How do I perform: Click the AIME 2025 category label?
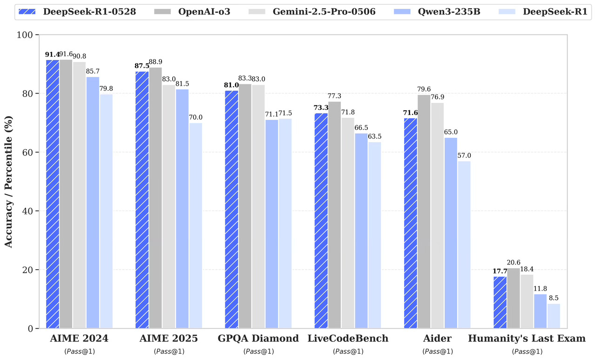tap(168, 339)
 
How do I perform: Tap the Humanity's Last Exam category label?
tap(527, 339)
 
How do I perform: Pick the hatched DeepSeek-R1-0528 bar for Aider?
tap(410, 223)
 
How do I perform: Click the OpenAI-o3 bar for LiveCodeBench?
tap(334, 215)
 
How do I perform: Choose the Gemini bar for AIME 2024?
tap(79, 195)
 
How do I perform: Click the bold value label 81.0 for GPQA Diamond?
tap(231, 85)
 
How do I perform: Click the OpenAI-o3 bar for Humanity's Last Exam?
tap(514, 298)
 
